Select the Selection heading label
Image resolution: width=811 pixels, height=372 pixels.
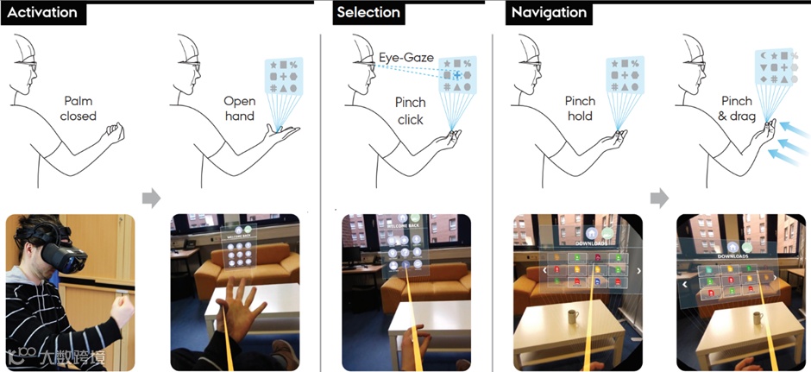tap(368, 13)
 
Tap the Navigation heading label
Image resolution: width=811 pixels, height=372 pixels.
tap(549, 13)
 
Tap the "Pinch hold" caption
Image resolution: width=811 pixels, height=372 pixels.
tap(580, 109)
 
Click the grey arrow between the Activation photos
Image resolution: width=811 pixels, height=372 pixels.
tap(151, 199)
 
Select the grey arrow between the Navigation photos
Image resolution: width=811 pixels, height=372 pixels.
tap(659, 199)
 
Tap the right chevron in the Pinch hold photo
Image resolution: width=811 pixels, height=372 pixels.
tap(638, 270)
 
